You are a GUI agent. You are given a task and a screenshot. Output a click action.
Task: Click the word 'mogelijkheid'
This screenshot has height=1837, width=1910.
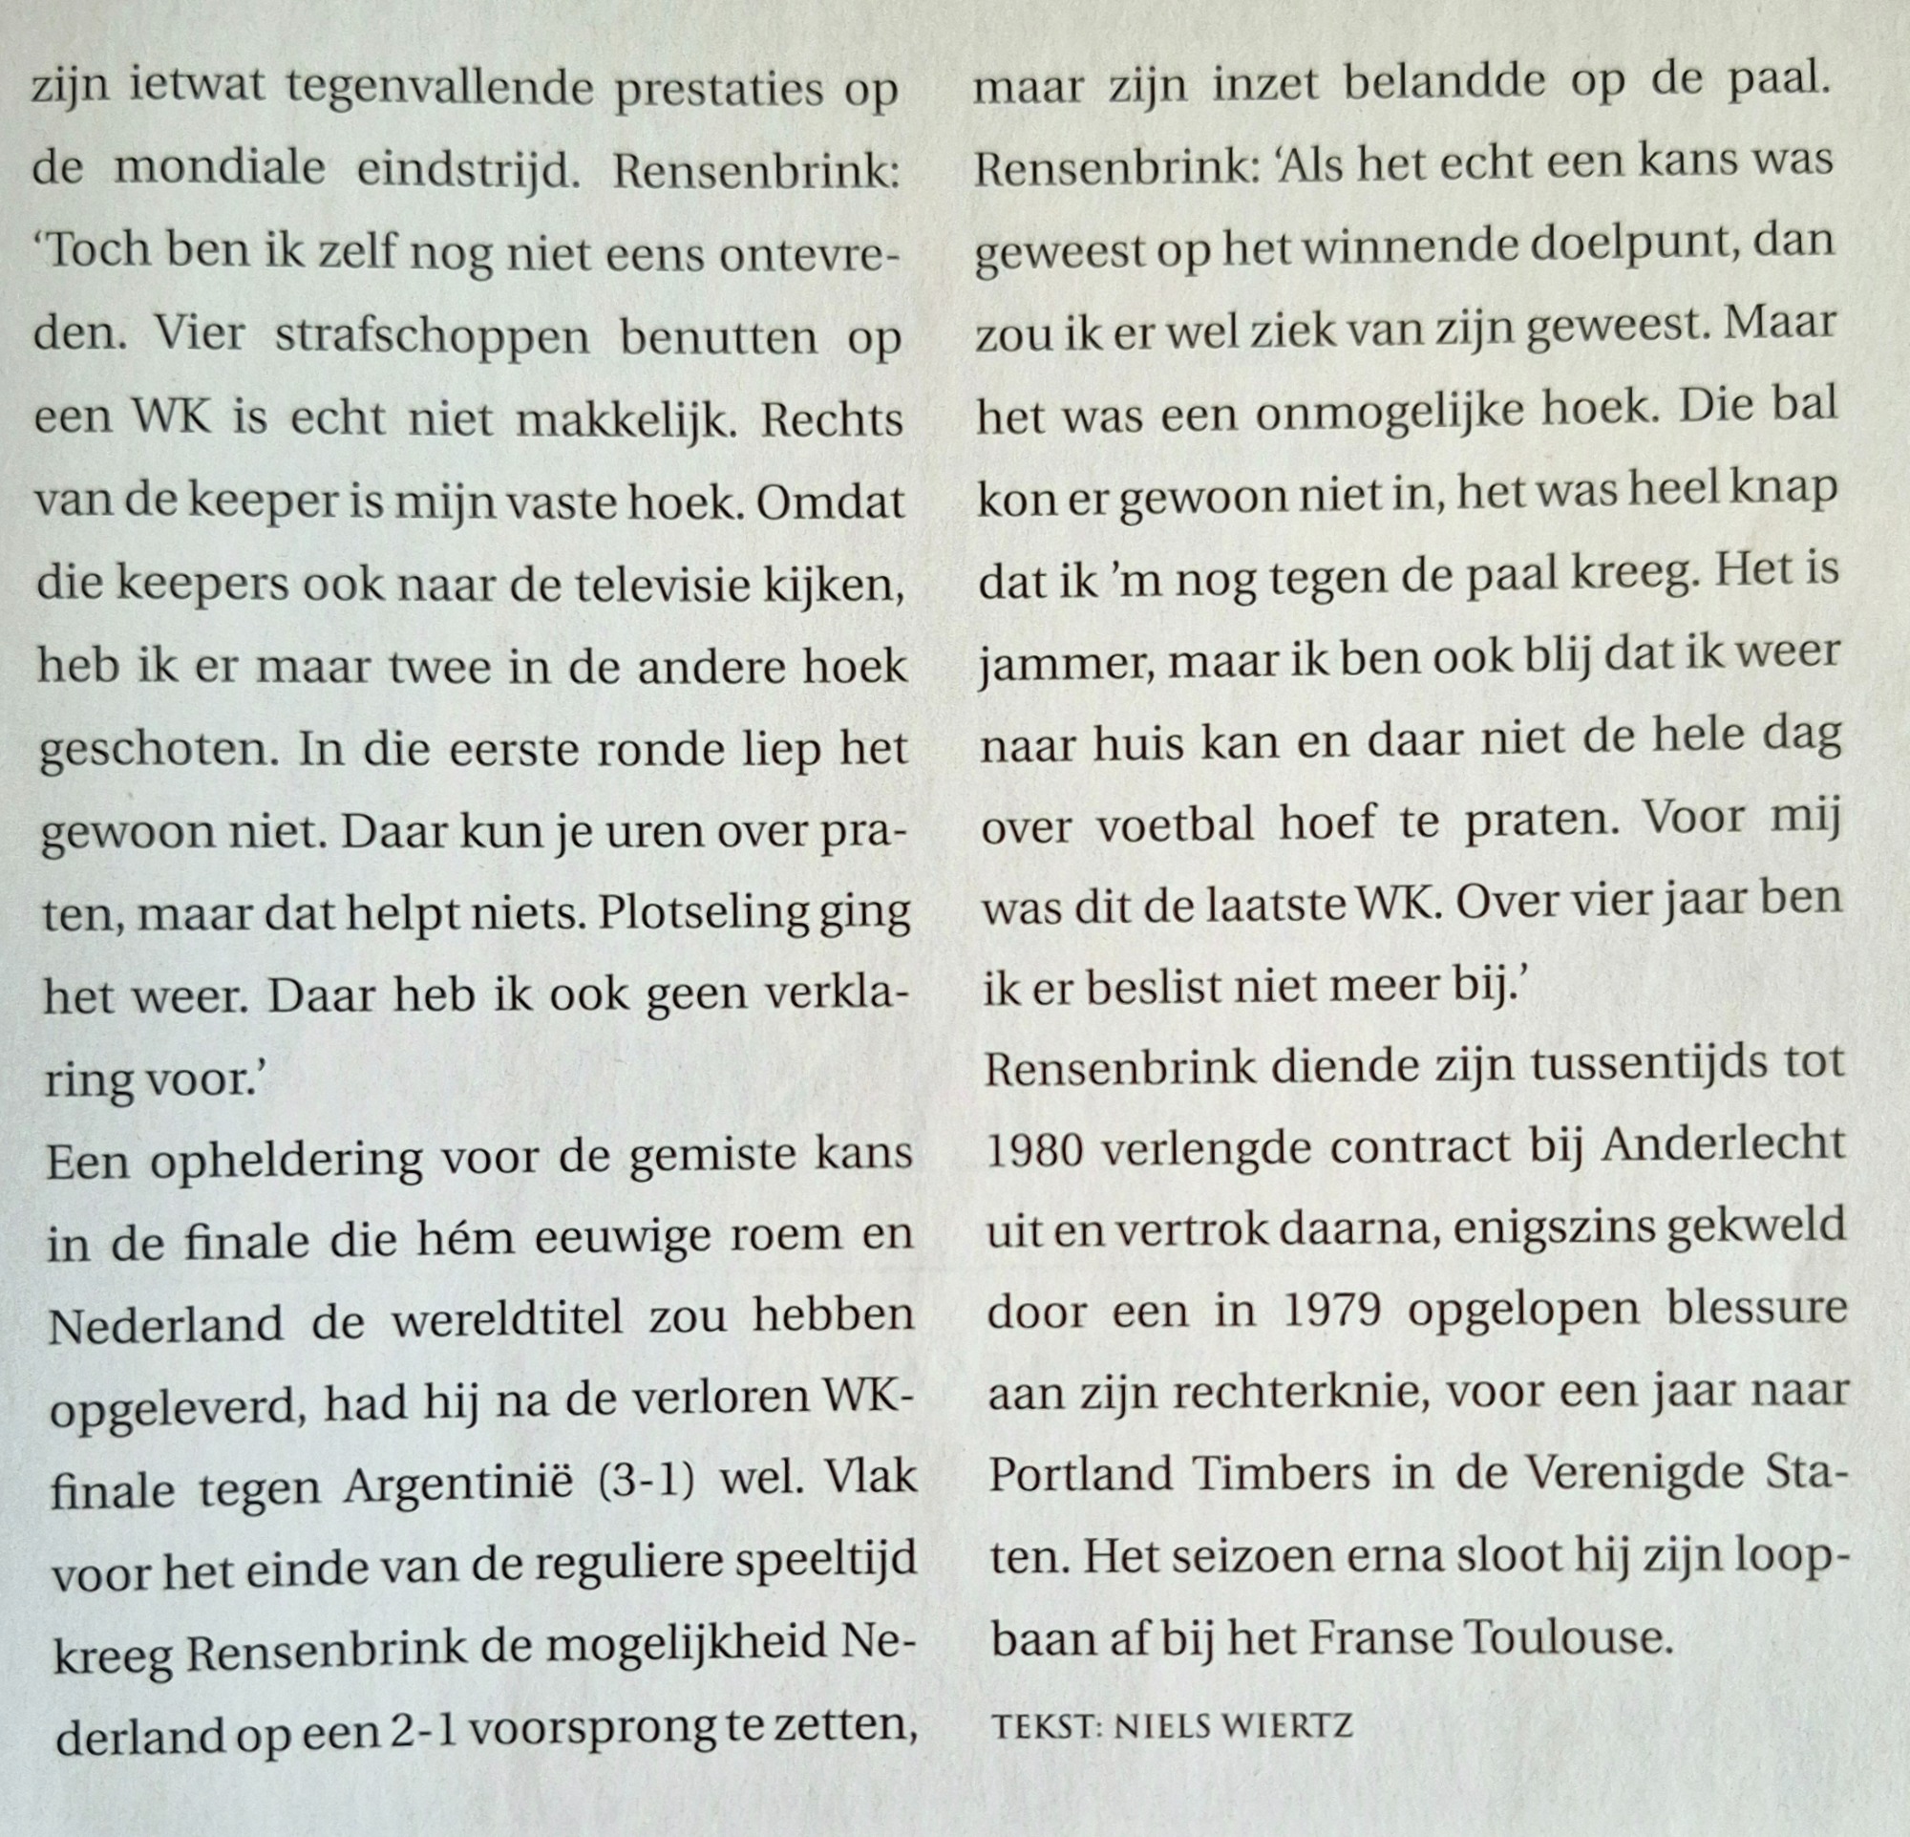pos(706,1647)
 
